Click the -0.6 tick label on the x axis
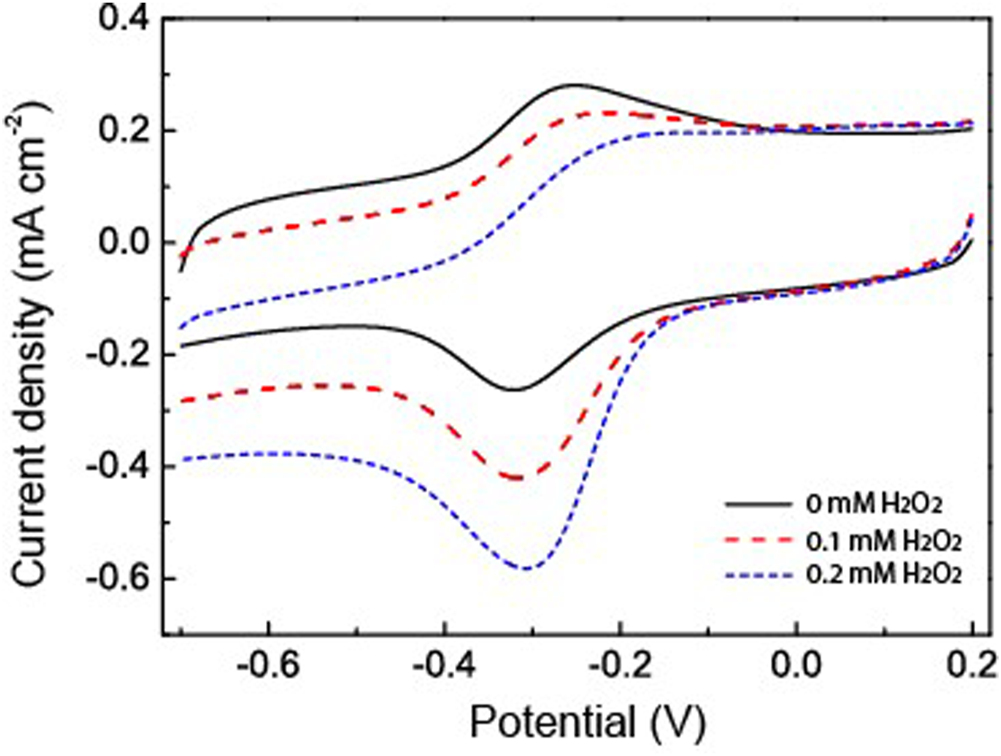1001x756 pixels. (268, 663)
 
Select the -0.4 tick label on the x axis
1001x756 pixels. (444, 663)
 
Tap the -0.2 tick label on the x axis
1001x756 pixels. (620, 663)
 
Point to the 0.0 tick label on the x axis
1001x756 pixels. (797, 663)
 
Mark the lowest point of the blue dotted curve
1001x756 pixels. (525, 568)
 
